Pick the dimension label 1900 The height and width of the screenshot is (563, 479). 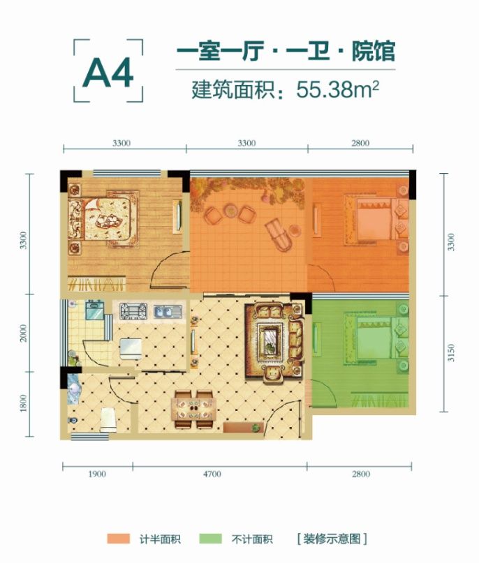click(x=97, y=474)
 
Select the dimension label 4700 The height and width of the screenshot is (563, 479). click(x=212, y=474)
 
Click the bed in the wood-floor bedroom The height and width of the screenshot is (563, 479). click(x=102, y=218)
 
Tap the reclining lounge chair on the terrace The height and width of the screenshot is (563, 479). click(x=279, y=234)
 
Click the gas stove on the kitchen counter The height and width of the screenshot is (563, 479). click(x=132, y=310)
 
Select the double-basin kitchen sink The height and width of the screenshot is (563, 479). click(x=168, y=311)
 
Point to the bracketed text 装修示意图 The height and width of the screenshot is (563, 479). click(x=332, y=539)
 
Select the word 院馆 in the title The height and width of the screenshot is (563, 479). click(x=373, y=52)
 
